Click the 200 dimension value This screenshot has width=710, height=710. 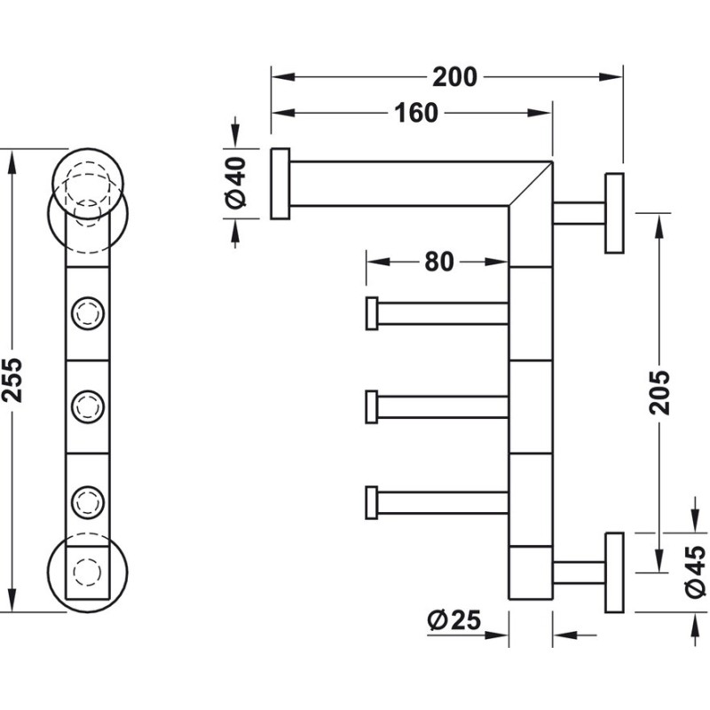coord(454,77)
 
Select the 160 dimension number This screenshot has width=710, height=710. coord(416,113)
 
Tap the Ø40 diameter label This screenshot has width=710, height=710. coord(236,183)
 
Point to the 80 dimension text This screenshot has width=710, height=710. coord(438,262)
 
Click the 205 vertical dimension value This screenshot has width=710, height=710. coord(659,392)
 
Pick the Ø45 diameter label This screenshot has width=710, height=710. coord(696,572)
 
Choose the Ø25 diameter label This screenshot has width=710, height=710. coord(454,619)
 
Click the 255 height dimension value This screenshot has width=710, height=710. coord(12,380)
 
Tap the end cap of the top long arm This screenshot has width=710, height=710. coord(280,184)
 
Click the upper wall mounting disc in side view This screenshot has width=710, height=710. coord(614,213)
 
